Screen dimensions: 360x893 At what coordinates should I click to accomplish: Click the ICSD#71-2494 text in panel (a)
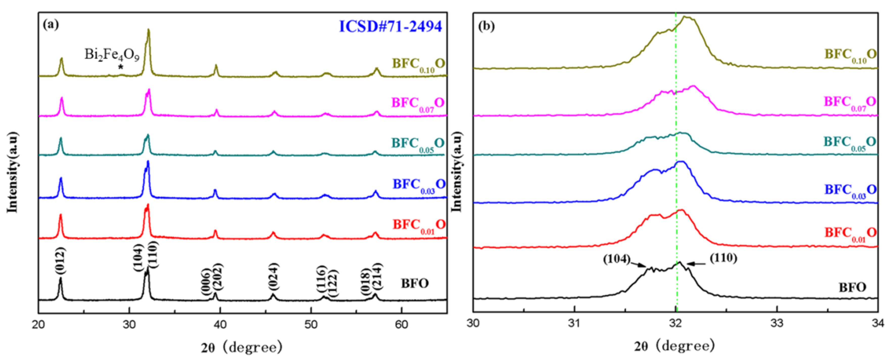tap(390, 26)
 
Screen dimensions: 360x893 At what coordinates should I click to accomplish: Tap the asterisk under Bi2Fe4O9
tap(121, 67)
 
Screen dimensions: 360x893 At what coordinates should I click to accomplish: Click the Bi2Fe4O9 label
tap(112, 55)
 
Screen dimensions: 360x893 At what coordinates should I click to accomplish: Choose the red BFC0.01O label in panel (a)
tap(419, 226)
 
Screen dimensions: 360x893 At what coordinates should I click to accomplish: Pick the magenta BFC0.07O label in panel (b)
tap(850, 103)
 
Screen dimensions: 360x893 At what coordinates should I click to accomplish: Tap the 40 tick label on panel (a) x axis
tap(220, 325)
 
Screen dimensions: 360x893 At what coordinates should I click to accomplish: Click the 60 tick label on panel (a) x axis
tap(401, 325)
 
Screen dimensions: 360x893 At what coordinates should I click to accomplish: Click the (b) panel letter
tap(486, 26)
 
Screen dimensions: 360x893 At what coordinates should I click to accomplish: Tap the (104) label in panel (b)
tap(616, 259)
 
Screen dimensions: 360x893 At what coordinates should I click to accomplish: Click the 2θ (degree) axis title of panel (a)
tap(242, 347)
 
